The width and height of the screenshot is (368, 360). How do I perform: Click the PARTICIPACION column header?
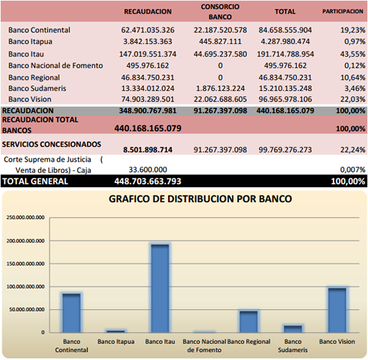(342, 12)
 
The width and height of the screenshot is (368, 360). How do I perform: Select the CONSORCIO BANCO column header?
(220, 12)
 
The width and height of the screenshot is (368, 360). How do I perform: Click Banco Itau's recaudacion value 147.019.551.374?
(148, 54)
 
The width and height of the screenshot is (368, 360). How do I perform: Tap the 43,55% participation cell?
(353, 54)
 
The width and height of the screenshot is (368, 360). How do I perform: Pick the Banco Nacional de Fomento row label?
(56, 65)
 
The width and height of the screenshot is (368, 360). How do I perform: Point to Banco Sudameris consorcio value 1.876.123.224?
(220, 88)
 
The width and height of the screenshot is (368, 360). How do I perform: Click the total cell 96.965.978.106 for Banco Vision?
(285, 99)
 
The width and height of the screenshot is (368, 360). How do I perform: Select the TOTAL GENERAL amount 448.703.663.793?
(148, 181)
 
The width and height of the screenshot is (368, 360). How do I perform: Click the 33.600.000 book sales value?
(148, 170)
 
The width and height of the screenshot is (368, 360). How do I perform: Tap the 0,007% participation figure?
(353, 170)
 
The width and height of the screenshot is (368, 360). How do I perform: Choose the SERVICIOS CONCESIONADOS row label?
(51, 144)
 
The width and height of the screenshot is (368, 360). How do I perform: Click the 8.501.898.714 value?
(148, 150)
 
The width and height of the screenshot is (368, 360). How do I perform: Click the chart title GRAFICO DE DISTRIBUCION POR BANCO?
(201, 199)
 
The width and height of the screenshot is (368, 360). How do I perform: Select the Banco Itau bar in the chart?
(160, 289)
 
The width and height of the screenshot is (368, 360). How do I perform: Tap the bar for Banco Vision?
(337, 310)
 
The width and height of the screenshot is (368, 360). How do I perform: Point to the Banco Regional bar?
(248, 322)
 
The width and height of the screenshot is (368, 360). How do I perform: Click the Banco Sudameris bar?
(293, 329)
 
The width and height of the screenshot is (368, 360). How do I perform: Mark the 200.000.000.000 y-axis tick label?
(26, 241)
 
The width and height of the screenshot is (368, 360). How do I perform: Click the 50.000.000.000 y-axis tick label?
(27, 310)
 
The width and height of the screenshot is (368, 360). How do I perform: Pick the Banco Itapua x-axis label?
(116, 342)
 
